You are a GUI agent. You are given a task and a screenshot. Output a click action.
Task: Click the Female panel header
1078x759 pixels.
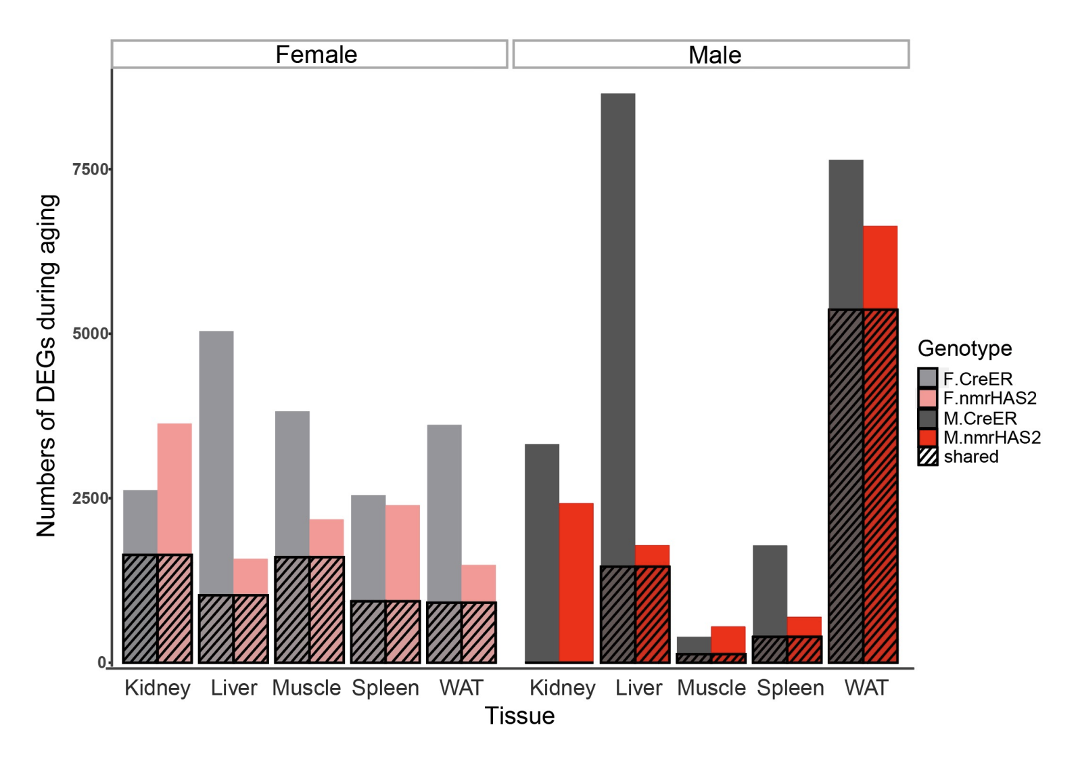(316, 54)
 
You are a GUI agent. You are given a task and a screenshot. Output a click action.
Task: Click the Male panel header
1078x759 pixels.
(714, 54)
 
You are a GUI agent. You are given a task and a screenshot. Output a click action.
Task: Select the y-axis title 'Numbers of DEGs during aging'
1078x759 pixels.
(47, 365)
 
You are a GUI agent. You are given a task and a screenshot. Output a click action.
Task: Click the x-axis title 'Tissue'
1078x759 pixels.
(519, 716)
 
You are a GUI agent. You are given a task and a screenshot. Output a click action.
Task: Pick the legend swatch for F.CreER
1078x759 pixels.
(928, 378)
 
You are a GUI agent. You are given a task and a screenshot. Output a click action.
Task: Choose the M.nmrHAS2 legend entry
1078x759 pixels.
(991, 437)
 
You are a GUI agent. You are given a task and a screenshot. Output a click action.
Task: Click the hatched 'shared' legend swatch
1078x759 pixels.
(928, 457)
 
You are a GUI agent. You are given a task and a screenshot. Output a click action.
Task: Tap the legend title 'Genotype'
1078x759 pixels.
(964, 348)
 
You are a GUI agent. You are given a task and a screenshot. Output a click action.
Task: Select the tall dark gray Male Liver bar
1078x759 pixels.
(618, 325)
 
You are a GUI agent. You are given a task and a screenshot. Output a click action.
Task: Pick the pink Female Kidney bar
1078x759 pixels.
(174, 487)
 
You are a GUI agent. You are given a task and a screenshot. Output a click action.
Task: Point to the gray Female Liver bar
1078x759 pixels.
(216, 460)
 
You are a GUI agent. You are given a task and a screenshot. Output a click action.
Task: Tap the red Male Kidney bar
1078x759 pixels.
(576, 582)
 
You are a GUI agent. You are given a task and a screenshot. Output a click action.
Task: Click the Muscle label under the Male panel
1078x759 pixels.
(711, 688)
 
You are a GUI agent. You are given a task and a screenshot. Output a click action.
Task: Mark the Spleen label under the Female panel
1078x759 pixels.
(385, 688)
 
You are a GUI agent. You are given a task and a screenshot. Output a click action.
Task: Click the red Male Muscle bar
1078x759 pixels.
(728, 639)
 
